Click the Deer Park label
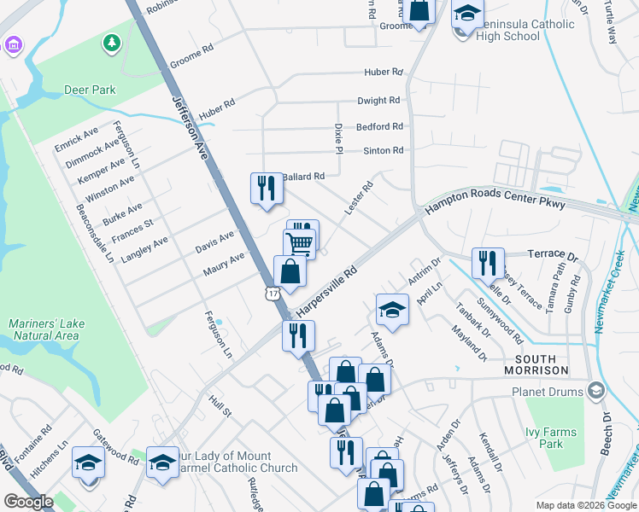click(90, 90)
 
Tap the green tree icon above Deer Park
click(111, 43)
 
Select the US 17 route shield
click(272, 294)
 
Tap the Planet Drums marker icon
click(596, 392)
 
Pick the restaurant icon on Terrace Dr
click(488, 262)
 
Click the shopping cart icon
click(299, 244)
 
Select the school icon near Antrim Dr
click(392, 309)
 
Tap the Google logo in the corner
click(28, 502)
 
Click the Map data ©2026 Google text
click(586, 505)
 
